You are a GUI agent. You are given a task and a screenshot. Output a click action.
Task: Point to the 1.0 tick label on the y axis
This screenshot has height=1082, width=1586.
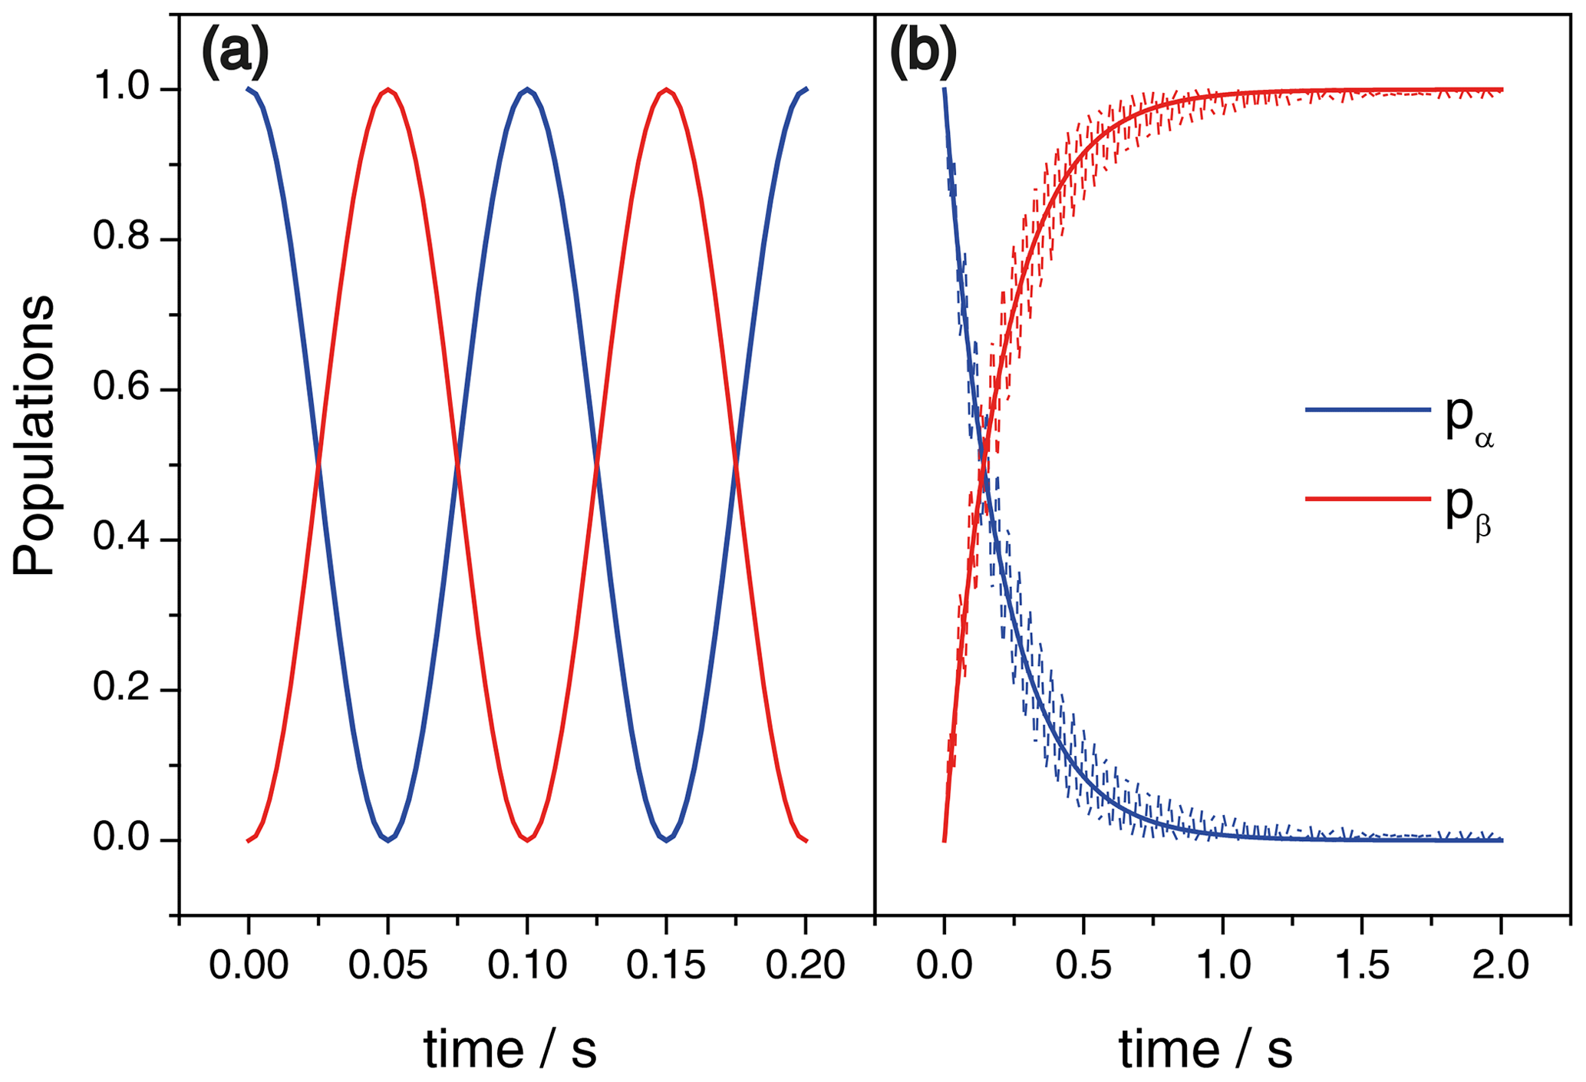pos(125,89)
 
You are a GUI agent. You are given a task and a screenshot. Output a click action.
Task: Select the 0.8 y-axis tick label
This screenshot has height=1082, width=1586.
pos(125,239)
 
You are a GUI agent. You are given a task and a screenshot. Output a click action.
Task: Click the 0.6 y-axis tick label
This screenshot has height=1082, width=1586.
pos(125,390)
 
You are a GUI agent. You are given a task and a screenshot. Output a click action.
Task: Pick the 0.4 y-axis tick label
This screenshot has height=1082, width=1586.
pos(125,540)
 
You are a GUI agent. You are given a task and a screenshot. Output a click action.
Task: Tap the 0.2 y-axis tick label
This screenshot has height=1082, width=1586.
pos(125,690)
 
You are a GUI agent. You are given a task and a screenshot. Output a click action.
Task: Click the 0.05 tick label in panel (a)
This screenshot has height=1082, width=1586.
pos(388,965)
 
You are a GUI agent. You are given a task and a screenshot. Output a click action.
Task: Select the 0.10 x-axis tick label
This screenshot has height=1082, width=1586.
pos(527,965)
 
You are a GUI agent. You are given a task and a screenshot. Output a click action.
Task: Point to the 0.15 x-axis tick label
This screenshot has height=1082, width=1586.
pos(666,965)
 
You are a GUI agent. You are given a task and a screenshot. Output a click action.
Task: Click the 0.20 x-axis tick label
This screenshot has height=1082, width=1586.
pos(805,965)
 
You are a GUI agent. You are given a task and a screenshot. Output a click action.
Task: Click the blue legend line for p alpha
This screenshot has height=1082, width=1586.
pos(1367,411)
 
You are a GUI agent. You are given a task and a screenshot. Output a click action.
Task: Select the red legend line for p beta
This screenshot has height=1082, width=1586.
pos(1367,499)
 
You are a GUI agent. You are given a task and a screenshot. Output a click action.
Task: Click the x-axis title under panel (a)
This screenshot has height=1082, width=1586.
pos(510,1049)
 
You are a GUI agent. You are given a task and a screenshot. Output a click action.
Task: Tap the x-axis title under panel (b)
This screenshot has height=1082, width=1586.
pos(1205,1049)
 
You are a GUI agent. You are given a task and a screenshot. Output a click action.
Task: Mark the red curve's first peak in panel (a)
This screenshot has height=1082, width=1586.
pos(388,90)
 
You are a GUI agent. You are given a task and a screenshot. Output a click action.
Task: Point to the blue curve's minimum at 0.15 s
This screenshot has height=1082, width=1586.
pos(666,840)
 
